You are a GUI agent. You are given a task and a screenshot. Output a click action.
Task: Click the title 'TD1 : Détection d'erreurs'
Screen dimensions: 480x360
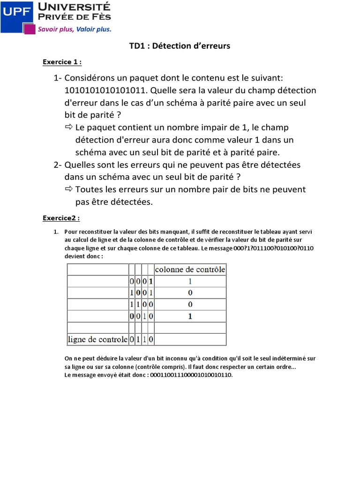180,46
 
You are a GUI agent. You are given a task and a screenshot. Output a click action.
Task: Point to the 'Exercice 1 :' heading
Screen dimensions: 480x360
62,62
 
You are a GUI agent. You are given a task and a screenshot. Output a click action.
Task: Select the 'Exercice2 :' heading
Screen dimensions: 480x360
61,218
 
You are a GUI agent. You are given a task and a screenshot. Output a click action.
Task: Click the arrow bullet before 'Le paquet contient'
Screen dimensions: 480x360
68,127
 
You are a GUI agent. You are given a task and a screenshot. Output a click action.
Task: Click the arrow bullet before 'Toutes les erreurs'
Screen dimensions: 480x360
68,189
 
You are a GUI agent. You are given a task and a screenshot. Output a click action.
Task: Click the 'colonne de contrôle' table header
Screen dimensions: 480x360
190,270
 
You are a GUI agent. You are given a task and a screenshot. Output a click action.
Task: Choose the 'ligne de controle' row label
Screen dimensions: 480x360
97,339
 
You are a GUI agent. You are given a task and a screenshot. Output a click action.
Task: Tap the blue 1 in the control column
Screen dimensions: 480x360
190,281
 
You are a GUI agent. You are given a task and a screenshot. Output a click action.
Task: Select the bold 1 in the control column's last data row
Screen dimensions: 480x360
190,316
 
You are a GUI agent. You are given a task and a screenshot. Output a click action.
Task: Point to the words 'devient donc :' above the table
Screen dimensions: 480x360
83,256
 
